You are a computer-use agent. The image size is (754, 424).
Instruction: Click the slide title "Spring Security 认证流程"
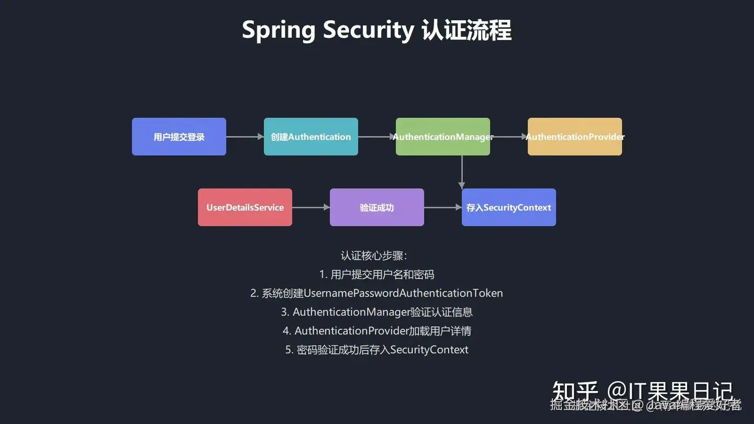pos(376,30)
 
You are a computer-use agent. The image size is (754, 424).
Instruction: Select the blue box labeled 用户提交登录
pos(179,137)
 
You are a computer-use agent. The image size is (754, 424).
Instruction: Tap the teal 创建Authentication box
pos(311,137)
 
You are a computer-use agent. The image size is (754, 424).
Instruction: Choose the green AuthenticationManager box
pos(443,137)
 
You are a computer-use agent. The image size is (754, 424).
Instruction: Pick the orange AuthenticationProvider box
pos(575,137)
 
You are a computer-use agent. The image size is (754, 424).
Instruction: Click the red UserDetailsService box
pos(245,207)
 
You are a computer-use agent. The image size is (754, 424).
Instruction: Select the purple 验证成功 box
pos(377,207)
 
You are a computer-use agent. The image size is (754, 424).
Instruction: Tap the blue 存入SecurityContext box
pos(509,207)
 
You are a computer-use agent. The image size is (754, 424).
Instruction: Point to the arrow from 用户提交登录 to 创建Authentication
pos(245,137)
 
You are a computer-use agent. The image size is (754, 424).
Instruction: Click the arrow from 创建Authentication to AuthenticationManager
pos(376,137)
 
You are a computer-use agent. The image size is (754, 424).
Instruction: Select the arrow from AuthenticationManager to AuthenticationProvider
pos(509,137)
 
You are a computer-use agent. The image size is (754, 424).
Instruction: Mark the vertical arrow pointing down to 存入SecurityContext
pos(461,172)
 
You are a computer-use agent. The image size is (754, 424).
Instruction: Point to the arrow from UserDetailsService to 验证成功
pos(311,207)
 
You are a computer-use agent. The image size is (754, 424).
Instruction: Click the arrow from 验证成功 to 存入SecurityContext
pos(443,207)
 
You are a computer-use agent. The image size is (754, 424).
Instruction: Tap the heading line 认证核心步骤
pos(374,255)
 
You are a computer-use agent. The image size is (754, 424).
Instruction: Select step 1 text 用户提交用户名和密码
pos(382,274)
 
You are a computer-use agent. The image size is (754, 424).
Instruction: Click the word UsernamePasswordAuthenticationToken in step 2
pos(403,293)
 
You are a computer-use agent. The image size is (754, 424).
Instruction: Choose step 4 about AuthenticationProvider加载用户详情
pos(377,331)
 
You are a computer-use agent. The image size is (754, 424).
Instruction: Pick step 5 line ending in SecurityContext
pos(377,350)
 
